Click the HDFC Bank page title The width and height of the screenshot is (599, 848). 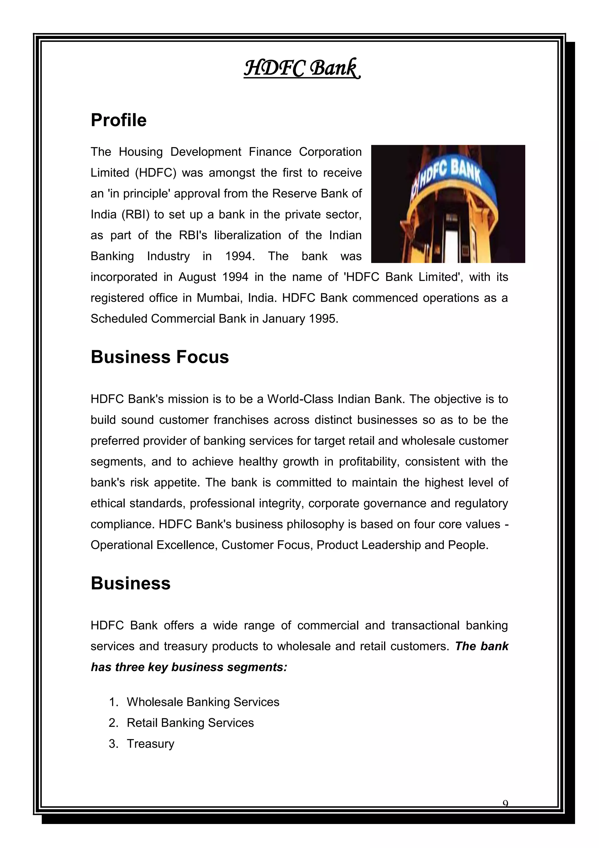pyautogui.click(x=302, y=68)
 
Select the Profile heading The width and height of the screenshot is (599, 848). pyautogui.click(x=118, y=120)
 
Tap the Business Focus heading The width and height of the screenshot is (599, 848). pyautogui.click(x=159, y=357)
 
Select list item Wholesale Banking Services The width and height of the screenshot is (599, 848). pyautogui.click(x=203, y=702)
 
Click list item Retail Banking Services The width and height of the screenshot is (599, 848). pyautogui.click(x=190, y=722)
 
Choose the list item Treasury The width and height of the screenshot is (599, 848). pyautogui.click(x=151, y=743)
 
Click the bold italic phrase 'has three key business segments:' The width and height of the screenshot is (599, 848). pyautogui.click(x=189, y=667)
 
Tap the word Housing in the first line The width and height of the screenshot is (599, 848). pyautogui.click(x=140, y=152)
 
